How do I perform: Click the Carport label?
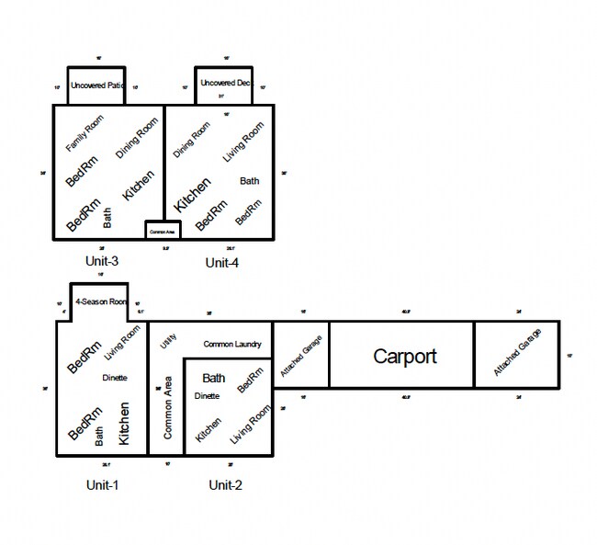click(404, 357)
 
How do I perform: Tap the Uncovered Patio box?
click(96, 85)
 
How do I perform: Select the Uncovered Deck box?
click(224, 85)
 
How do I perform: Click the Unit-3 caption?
click(101, 261)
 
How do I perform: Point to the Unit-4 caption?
click(221, 263)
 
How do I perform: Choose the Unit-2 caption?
click(225, 484)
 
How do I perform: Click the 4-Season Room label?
click(100, 301)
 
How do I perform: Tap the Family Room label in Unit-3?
click(84, 134)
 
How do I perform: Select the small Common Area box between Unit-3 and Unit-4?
click(163, 231)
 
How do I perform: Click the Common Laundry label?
click(232, 345)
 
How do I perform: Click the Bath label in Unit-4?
click(249, 181)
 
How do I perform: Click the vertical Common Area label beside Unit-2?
click(168, 407)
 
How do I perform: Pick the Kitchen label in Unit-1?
click(126, 424)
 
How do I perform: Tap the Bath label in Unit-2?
click(214, 378)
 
